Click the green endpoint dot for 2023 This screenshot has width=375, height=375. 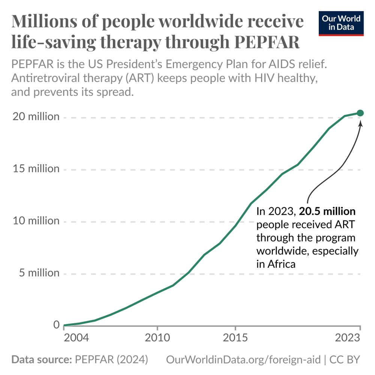(360, 113)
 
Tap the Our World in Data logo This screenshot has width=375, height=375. (341, 23)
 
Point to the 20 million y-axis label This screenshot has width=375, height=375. (36, 117)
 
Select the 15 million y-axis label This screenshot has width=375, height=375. (36, 169)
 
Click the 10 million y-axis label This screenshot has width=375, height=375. (36, 221)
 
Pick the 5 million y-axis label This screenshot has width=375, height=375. (39, 273)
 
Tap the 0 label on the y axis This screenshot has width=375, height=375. (56, 325)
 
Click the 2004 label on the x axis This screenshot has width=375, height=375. (76, 338)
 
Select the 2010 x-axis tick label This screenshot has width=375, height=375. (157, 338)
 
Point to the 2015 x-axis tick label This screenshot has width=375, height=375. (235, 338)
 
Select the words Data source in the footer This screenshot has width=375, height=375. (41, 360)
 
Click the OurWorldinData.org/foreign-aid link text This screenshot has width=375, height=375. (243, 360)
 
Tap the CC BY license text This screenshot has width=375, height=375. (345, 360)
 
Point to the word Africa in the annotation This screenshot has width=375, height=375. (282, 264)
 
